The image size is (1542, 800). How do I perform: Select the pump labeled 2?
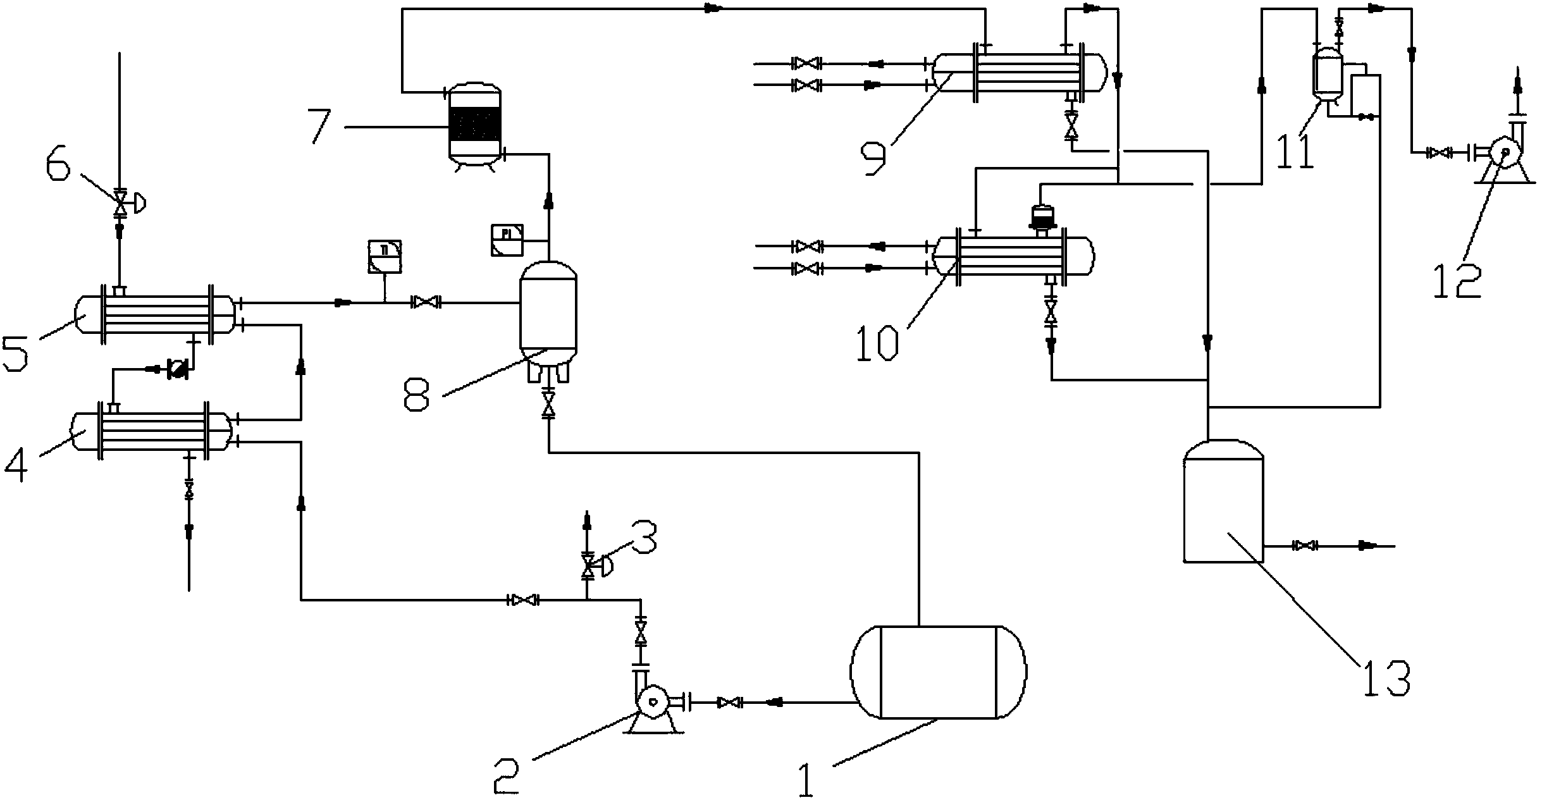click(652, 702)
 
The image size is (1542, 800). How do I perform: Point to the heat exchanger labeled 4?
click(152, 431)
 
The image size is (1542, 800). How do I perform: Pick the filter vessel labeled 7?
click(474, 123)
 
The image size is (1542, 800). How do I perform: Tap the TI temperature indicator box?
click(385, 256)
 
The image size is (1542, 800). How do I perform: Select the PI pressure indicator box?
click(507, 240)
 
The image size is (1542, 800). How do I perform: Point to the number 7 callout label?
click(320, 127)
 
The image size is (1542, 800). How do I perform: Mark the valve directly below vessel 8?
click(548, 404)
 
